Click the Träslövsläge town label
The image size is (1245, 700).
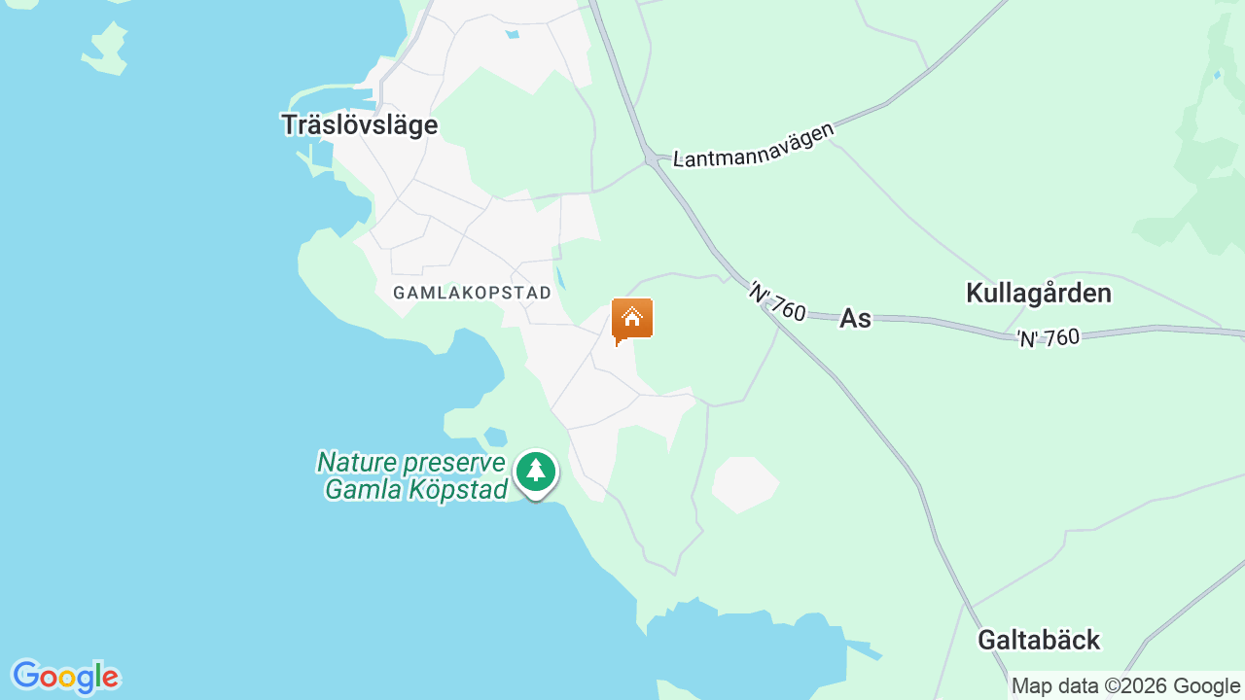pyautogui.click(x=359, y=125)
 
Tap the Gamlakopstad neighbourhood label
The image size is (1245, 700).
pyautogui.click(x=472, y=293)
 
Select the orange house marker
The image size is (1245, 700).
pyautogui.click(x=632, y=319)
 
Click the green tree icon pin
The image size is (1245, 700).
pyautogui.click(x=535, y=472)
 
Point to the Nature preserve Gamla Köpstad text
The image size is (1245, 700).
pyautogui.click(x=412, y=475)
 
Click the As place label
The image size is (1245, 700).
pyautogui.click(x=855, y=318)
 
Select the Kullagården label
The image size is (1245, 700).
pyautogui.click(x=1038, y=293)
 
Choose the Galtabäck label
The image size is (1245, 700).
pyautogui.click(x=1038, y=640)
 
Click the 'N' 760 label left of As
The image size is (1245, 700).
pyautogui.click(x=777, y=301)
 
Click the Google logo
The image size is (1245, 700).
pyautogui.click(x=65, y=677)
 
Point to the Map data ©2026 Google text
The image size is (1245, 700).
pyautogui.click(x=1125, y=686)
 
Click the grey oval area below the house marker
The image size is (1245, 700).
pyautogui.click(x=744, y=484)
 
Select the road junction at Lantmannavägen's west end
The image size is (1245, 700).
pyautogui.click(x=649, y=157)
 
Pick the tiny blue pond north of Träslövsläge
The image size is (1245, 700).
pyautogui.click(x=512, y=34)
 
